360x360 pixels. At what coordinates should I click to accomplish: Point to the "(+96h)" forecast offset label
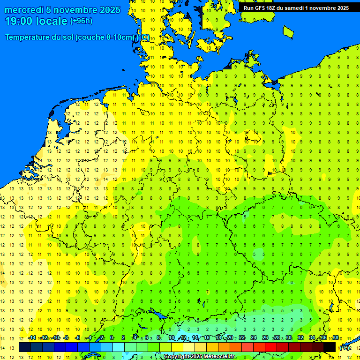(81, 21)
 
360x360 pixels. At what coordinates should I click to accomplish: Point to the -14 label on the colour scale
(31, 338)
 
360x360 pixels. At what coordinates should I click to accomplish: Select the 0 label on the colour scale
(112, 338)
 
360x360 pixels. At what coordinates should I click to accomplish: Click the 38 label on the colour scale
(336, 338)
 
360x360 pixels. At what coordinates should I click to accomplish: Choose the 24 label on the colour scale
(254, 338)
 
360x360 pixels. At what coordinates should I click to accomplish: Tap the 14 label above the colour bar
(195, 338)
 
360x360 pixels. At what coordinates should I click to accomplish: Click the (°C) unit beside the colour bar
(344, 348)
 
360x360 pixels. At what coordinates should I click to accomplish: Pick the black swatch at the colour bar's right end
(330, 347)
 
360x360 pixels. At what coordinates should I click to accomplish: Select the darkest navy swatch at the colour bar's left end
(25, 347)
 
